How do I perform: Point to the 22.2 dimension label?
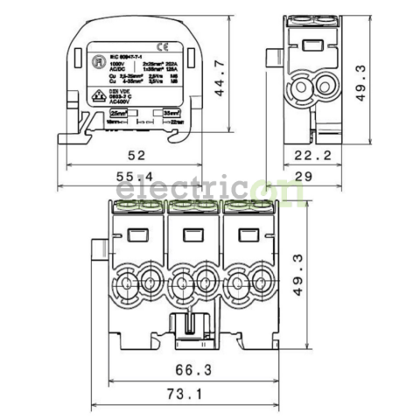pyautogui.click(x=312, y=157)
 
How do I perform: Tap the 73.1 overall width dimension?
pyautogui.click(x=189, y=395)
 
